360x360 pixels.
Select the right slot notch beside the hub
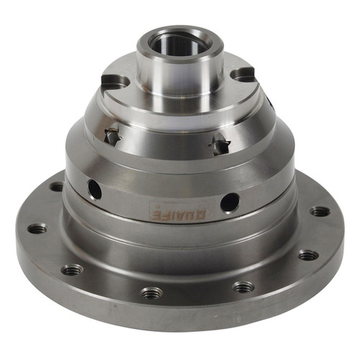click(x=243, y=73)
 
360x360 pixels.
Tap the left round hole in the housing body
click(x=94, y=190)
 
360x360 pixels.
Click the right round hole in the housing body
click(x=229, y=202)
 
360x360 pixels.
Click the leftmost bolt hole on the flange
click(x=37, y=229)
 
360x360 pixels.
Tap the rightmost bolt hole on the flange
click(x=320, y=212)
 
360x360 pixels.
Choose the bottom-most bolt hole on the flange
click(x=151, y=293)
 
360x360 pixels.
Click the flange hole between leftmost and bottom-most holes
click(x=72, y=270)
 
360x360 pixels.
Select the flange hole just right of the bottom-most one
click(x=243, y=287)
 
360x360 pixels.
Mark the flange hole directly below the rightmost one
click(x=308, y=255)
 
